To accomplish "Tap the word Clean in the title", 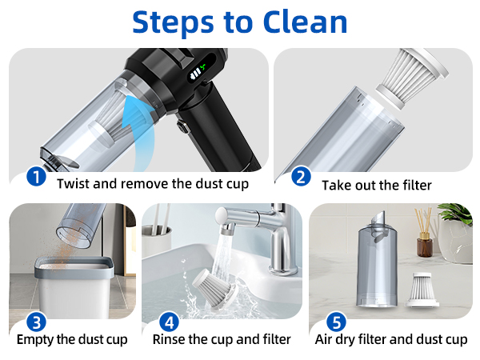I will [x=303, y=22].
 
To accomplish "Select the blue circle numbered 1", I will [x=36, y=177].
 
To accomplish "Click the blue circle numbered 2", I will [x=301, y=177].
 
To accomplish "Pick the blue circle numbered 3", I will [x=36, y=322].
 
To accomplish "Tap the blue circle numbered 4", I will [x=168, y=322].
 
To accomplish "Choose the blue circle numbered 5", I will [x=337, y=322].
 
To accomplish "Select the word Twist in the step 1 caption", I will [x=74, y=183].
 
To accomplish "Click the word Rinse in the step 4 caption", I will [x=170, y=339].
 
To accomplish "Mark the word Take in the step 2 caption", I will [x=336, y=185].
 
